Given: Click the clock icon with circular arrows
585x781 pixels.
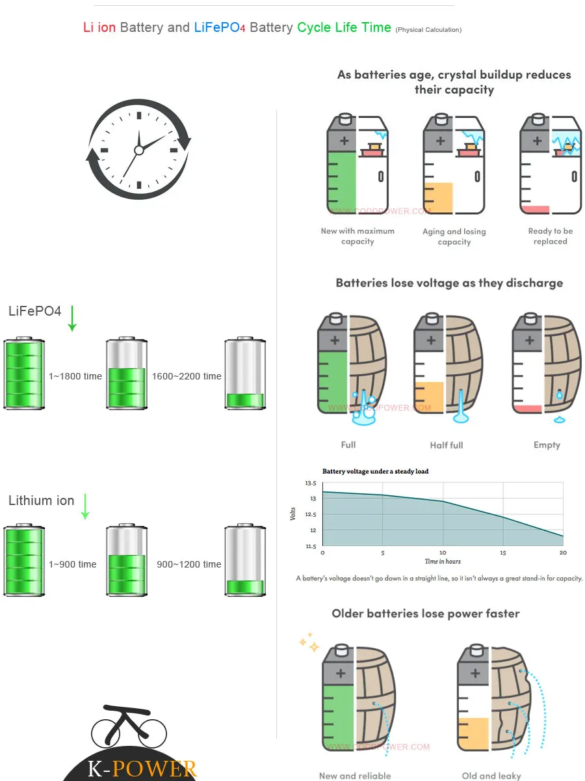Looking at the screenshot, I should [x=138, y=150].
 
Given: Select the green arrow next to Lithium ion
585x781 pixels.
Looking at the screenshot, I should [x=85, y=506].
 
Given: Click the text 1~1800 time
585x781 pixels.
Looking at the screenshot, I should [x=75, y=376].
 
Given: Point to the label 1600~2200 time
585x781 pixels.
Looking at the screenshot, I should [x=187, y=376].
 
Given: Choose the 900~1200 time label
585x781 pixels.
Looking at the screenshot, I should [x=189, y=564].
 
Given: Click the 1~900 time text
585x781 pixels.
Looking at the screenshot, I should [x=73, y=564].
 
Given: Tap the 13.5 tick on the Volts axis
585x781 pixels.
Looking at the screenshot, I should [x=310, y=484].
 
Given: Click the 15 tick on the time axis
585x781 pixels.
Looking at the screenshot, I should [x=503, y=553].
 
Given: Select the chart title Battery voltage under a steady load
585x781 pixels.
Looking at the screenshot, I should [x=376, y=471].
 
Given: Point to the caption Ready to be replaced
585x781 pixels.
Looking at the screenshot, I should [x=550, y=236].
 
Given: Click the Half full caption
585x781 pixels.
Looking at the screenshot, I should [x=447, y=445].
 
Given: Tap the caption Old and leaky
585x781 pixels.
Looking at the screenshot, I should [x=491, y=775].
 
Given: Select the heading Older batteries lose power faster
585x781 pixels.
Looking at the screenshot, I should [x=426, y=614].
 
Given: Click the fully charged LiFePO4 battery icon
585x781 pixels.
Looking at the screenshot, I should [x=24, y=374].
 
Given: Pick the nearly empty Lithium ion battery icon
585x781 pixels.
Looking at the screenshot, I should [x=245, y=560].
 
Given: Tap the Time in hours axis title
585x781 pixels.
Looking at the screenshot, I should [x=443, y=561].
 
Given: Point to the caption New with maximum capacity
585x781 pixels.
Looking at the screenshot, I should [x=357, y=236].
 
